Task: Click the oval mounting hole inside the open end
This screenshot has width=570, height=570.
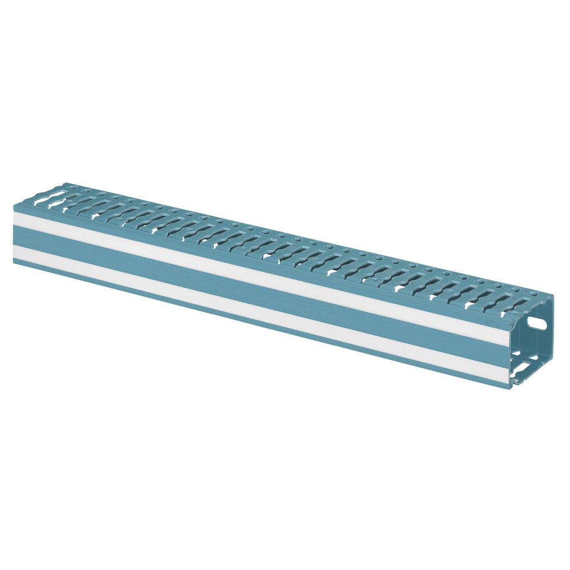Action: (536, 321)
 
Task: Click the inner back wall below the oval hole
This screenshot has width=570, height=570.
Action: (539, 342)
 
